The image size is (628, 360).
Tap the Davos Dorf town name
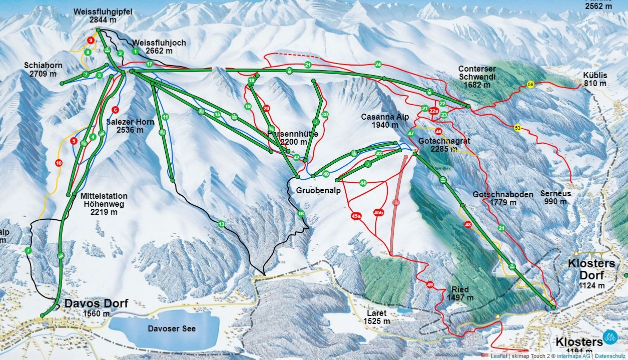click(x=96, y=304)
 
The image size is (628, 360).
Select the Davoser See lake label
click(x=172, y=328)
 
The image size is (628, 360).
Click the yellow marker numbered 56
click(x=530, y=85)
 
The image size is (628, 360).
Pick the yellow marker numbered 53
click(x=517, y=128)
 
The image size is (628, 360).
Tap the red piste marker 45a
click(x=356, y=216)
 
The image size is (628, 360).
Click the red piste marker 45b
click(x=379, y=213)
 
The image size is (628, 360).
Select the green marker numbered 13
click(x=221, y=224)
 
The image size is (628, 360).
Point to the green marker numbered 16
click(x=301, y=214)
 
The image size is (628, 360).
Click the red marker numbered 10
click(x=59, y=162)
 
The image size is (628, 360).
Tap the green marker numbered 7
click(x=28, y=250)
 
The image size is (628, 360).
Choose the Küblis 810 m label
click(x=595, y=79)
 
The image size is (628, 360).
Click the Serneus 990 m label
click(x=555, y=197)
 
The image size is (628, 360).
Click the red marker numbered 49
click(x=429, y=285)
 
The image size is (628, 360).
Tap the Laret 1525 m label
click(x=376, y=316)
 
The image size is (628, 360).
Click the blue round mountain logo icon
click(x=610, y=337)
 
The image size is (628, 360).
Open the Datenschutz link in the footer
click(x=614, y=356)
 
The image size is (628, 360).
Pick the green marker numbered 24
click(x=378, y=64)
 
